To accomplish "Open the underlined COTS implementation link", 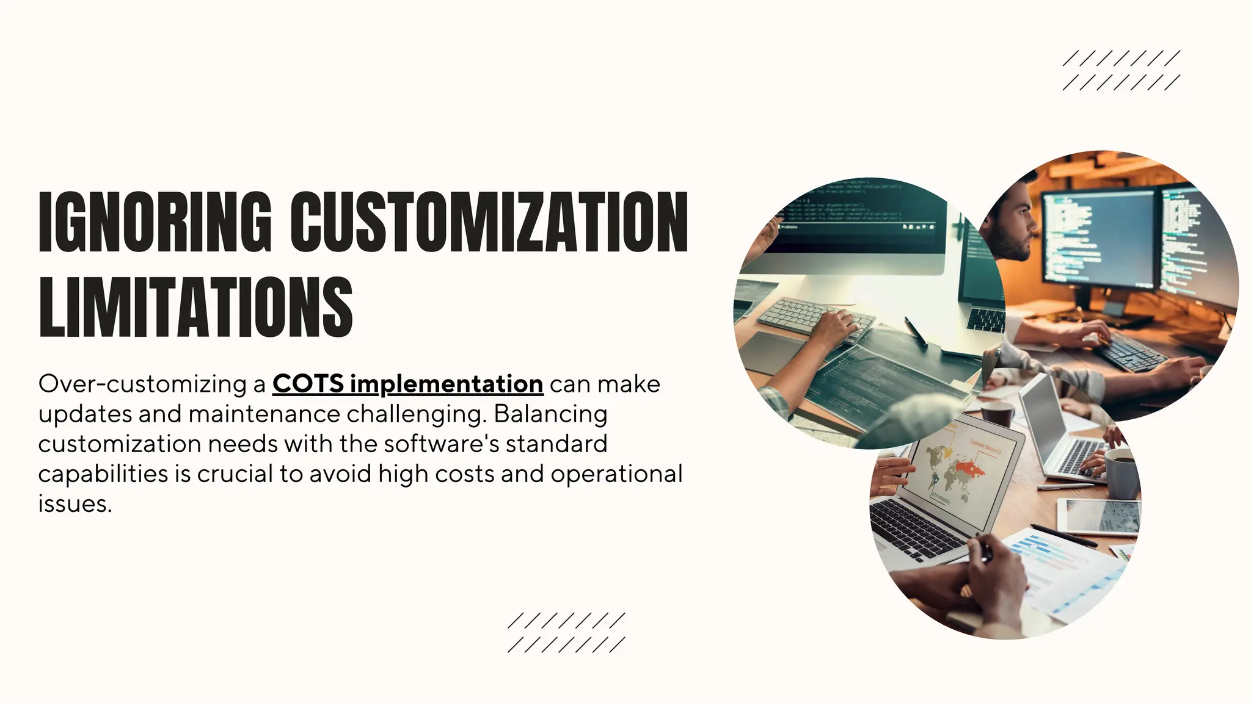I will [x=407, y=384].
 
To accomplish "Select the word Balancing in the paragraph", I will [x=550, y=414].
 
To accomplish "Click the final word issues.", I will [x=75, y=504].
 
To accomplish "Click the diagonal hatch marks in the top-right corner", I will [x=1121, y=70].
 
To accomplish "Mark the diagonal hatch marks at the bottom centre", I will [x=566, y=633].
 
